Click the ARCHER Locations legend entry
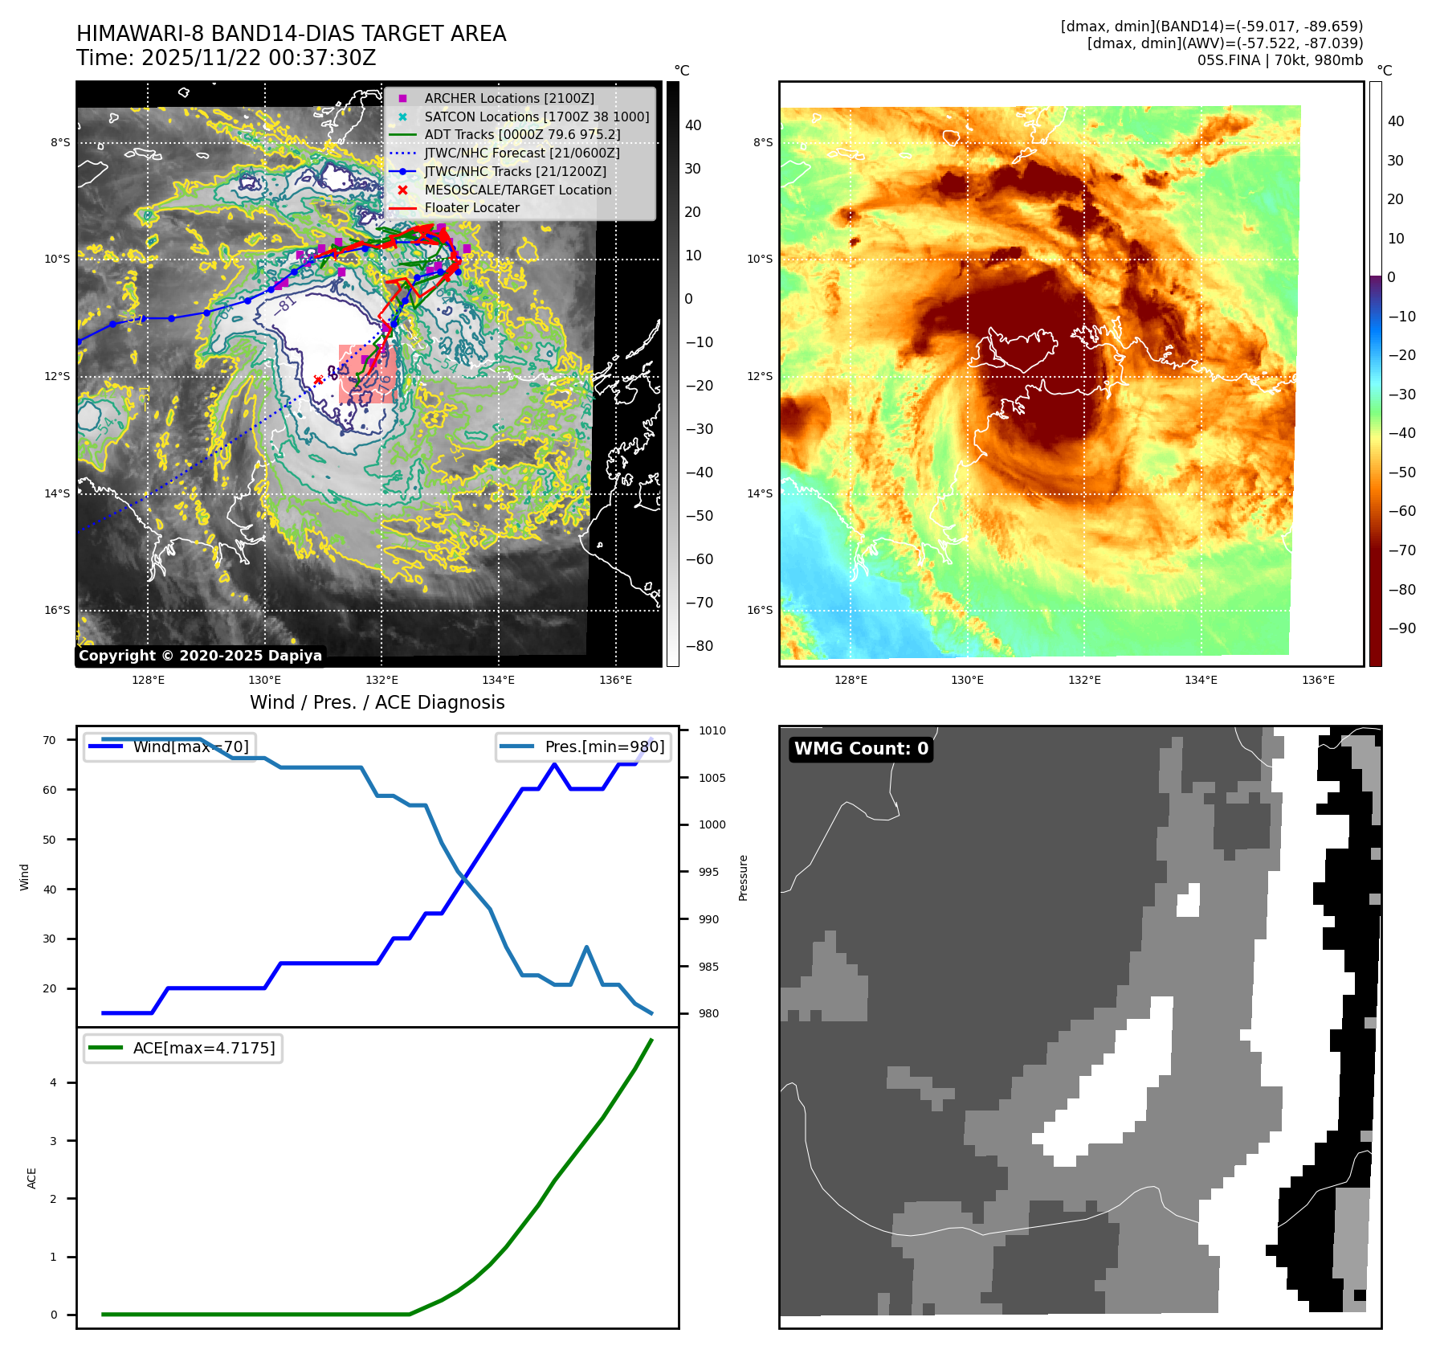(x=509, y=98)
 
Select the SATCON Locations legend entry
(x=536, y=117)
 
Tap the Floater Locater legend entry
(x=471, y=207)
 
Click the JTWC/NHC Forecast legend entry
(x=521, y=153)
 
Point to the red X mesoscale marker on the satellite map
(x=318, y=380)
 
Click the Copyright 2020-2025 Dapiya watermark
(x=200, y=656)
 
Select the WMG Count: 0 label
(x=861, y=749)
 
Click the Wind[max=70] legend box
(x=169, y=746)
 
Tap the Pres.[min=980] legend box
(x=583, y=746)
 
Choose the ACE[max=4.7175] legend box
(x=183, y=1048)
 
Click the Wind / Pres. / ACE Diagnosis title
(x=377, y=702)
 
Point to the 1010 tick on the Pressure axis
(x=712, y=730)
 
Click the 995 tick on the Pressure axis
(x=708, y=872)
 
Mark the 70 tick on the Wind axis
(x=50, y=740)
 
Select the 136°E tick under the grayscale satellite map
(x=615, y=680)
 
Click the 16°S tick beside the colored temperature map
(x=760, y=610)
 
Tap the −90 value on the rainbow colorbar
(x=1401, y=628)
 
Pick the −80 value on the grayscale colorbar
(x=699, y=646)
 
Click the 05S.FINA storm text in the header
(x=1228, y=60)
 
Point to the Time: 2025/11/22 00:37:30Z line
(x=226, y=58)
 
